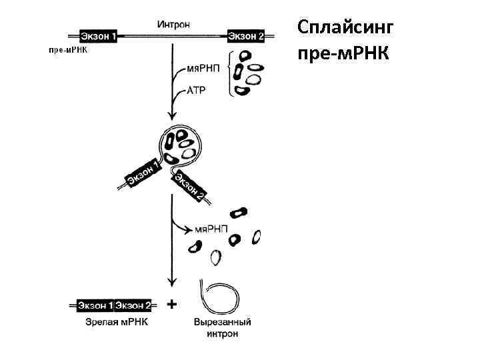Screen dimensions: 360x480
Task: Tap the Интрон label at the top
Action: pyautogui.click(x=174, y=25)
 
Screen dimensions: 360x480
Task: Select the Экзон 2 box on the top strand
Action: pyautogui.click(x=246, y=37)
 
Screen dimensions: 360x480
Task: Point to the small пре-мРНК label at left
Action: pyautogui.click(x=69, y=50)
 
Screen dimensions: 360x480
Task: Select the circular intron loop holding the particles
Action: pyautogui.click(x=179, y=145)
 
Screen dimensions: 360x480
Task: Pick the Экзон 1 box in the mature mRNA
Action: pyautogui.click(x=95, y=305)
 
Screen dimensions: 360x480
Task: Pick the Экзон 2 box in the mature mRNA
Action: pyautogui.click(x=133, y=305)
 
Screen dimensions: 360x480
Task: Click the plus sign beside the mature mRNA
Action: pyautogui.click(x=171, y=305)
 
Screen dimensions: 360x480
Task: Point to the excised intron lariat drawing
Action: pyautogui.click(x=217, y=297)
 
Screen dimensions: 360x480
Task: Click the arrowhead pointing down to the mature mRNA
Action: pyautogui.click(x=173, y=283)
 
